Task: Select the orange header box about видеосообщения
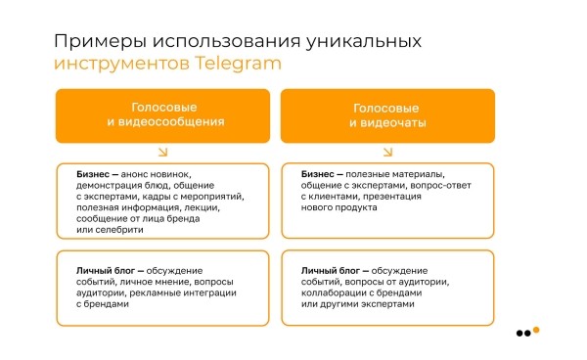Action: pos(162,114)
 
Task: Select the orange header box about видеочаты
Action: pos(387,114)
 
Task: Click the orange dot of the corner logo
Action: pos(536,329)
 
